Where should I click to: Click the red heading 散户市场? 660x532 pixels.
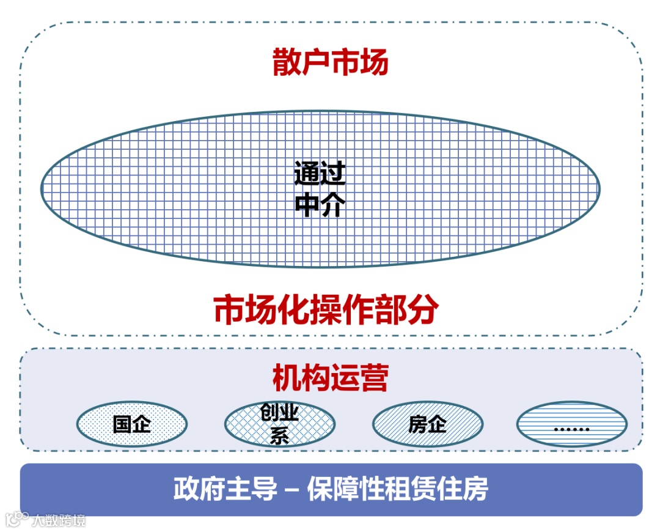[330, 63]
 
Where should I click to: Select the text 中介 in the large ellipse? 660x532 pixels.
[320, 205]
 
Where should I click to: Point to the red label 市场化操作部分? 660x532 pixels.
[326, 310]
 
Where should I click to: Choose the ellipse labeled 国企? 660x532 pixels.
[132, 424]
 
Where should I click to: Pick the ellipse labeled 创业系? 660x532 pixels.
[279, 424]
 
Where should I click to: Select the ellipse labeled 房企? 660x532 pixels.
[428, 424]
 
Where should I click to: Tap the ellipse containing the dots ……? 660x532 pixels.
[571, 424]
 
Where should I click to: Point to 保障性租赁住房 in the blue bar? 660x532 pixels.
[398, 490]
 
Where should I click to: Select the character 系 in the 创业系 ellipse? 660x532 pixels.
[279, 436]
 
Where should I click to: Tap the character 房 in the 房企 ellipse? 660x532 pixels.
[418, 424]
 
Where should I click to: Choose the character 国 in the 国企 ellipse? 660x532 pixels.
[123, 424]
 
